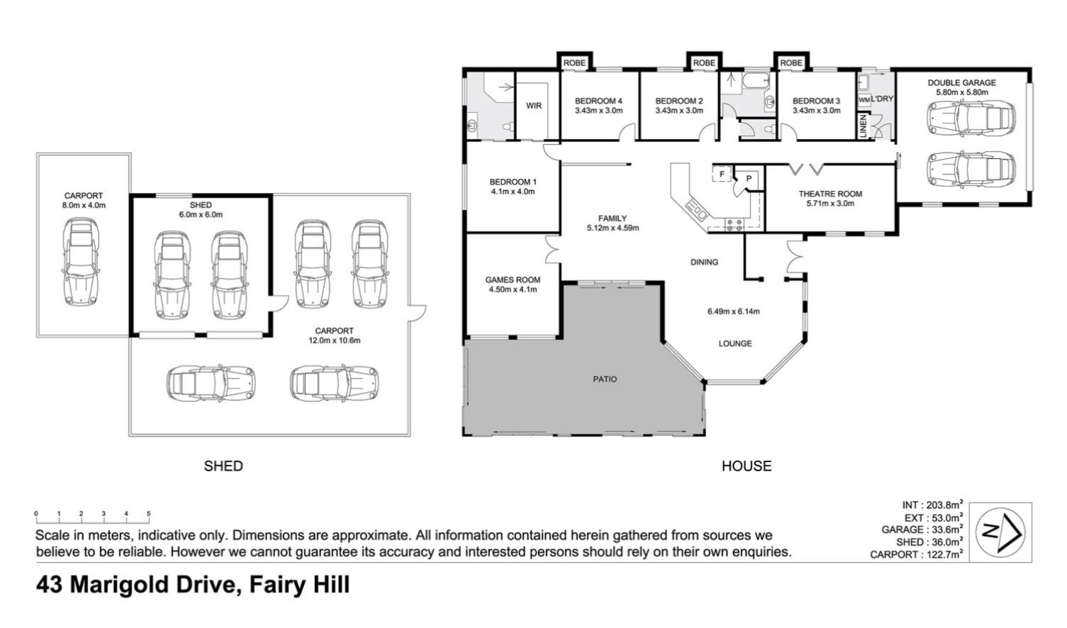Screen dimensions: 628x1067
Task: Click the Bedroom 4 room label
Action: [x=598, y=101]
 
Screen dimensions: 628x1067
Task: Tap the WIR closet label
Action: [x=534, y=106]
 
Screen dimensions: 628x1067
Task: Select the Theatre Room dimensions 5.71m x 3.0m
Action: [x=830, y=204]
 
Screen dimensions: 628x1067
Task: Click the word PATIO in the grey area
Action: [x=605, y=380]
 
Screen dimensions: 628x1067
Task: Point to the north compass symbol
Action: [x=1000, y=531]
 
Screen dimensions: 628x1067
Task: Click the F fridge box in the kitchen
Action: [x=722, y=174]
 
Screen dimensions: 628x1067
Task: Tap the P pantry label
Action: [x=749, y=179]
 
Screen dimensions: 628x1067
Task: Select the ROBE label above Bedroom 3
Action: [x=791, y=63]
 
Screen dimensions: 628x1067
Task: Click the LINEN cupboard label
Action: [x=863, y=128]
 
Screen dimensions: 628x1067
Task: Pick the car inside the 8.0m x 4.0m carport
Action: [x=82, y=262]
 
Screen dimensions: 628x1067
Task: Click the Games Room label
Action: [x=513, y=280]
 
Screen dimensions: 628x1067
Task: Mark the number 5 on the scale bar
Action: [x=149, y=514]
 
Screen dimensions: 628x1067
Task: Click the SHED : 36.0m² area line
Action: [x=929, y=542]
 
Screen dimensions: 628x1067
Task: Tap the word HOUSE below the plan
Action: [x=746, y=466]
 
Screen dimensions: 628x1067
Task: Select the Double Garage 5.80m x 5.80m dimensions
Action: [x=961, y=92]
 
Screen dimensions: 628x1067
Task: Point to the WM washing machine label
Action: [x=864, y=100]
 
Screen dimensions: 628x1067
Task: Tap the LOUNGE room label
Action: [x=734, y=343]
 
